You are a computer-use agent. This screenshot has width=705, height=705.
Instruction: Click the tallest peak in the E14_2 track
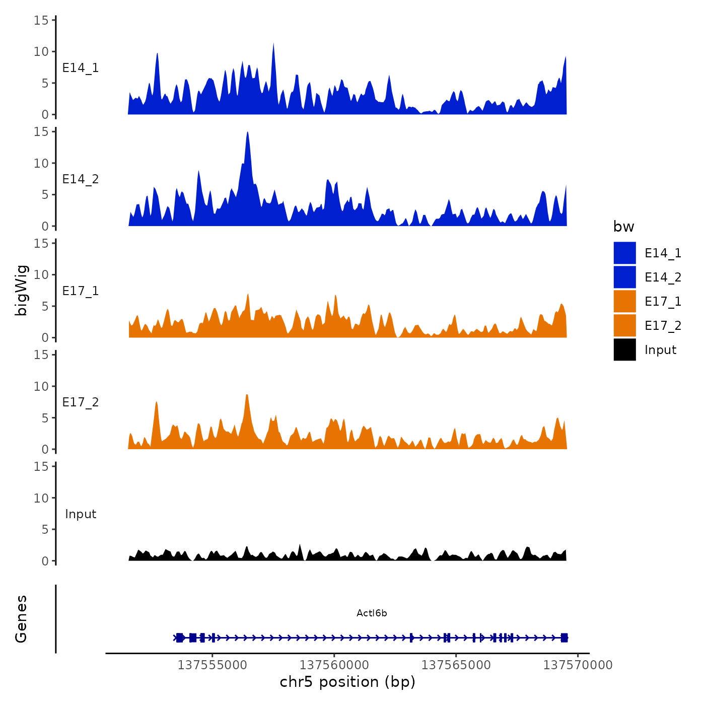[x=248, y=134]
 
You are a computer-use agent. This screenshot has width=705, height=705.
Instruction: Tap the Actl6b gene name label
[x=372, y=613]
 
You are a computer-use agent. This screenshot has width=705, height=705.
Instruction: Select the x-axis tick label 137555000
[x=213, y=665]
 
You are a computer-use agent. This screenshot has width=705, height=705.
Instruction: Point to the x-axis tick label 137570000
[x=578, y=665]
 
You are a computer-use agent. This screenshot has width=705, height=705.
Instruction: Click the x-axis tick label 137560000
[x=334, y=665]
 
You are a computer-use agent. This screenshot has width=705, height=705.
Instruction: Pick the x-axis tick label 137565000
[x=456, y=665]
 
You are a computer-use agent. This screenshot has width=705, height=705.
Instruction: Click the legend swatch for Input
[x=624, y=350]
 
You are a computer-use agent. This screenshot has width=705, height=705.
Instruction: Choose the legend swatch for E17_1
[x=624, y=302]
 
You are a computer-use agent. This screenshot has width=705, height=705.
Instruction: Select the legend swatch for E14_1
[x=624, y=253]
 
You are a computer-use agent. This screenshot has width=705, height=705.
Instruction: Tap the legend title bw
[x=623, y=227]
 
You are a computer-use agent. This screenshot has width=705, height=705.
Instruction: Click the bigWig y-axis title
[x=21, y=291]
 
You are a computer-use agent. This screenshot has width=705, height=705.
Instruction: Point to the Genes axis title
[x=21, y=619]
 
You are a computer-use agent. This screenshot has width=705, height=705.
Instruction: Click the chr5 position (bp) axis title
[x=347, y=682]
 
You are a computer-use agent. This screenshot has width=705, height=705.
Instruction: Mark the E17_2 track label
[x=81, y=402]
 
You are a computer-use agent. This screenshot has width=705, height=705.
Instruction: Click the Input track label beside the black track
[x=81, y=514]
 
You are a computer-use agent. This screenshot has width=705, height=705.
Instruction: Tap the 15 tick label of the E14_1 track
[x=41, y=20]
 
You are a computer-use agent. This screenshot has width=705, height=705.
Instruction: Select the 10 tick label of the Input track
[x=41, y=498]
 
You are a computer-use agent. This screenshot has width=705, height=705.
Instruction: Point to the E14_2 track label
[x=81, y=179]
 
